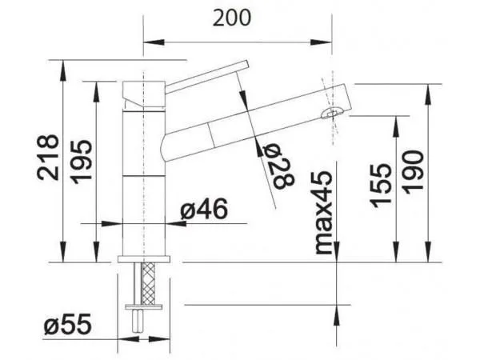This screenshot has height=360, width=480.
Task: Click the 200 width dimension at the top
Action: [x=232, y=18]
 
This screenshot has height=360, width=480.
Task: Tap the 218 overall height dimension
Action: [x=48, y=158]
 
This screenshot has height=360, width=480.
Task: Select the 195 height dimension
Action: [x=82, y=162]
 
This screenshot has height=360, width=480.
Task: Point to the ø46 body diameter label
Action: [x=204, y=209]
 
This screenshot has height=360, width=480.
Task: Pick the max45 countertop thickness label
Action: [x=323, y=213]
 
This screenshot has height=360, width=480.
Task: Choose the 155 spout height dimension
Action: [x=381, y=186]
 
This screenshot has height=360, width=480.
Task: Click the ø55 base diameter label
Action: [x=68, y=324]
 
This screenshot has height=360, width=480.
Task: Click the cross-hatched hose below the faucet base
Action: [x=149, y=283]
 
